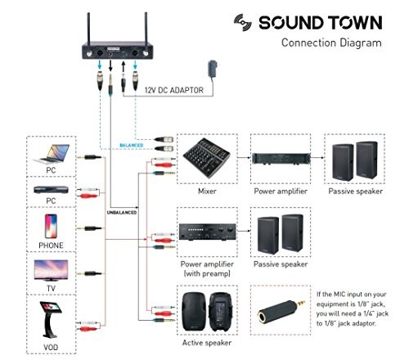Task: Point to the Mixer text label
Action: pos(208,191)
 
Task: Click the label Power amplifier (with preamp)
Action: pos(208,269)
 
